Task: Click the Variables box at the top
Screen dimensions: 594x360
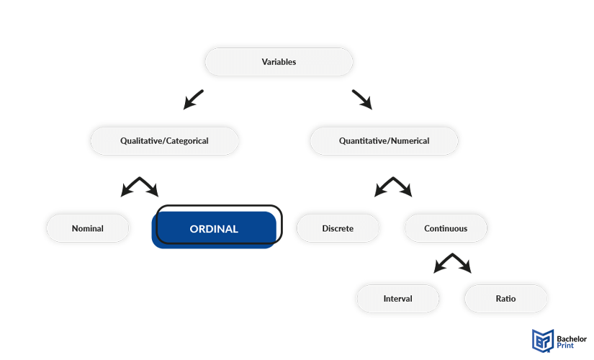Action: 279,62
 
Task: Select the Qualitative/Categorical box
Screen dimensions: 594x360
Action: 164,141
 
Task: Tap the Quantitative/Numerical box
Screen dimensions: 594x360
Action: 384,141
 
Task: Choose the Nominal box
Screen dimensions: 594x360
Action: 88,228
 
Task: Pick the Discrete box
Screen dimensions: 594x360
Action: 338,228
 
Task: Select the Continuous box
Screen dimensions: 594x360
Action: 446,228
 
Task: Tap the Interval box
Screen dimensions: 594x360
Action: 397,299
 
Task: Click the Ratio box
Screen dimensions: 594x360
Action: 505,299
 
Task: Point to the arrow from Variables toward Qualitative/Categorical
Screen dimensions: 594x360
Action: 194,99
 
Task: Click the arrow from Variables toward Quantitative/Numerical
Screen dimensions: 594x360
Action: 362,99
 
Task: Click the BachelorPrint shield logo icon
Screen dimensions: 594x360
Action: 543,341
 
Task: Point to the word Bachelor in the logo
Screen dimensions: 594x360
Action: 572,339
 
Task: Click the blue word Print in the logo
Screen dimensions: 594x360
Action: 565,346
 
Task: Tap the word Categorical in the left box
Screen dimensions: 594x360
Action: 187,141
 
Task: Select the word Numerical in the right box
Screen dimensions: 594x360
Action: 410,141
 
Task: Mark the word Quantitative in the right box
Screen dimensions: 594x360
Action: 364,141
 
